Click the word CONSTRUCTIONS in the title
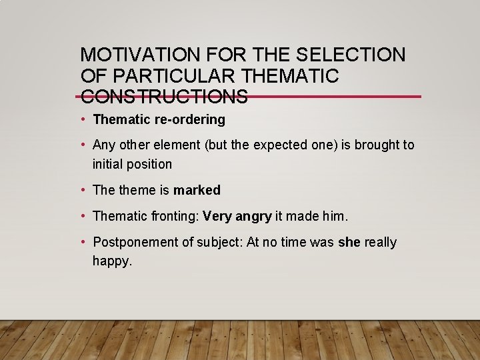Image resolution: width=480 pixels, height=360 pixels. pyautogui.click(x=164, y=97)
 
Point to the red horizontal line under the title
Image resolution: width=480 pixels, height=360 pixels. pyautogui.click(x=333, y=97)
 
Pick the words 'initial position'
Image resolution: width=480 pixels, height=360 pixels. pyautogui.click(x=132, y=164)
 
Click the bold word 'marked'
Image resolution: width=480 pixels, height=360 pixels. pyautogui.click(x=197, y=190)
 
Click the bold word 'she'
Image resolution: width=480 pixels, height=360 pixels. pyautogui.click(x=349, y=243)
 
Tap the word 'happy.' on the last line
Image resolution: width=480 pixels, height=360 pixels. pyautogui.click(x=113, y=261)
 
